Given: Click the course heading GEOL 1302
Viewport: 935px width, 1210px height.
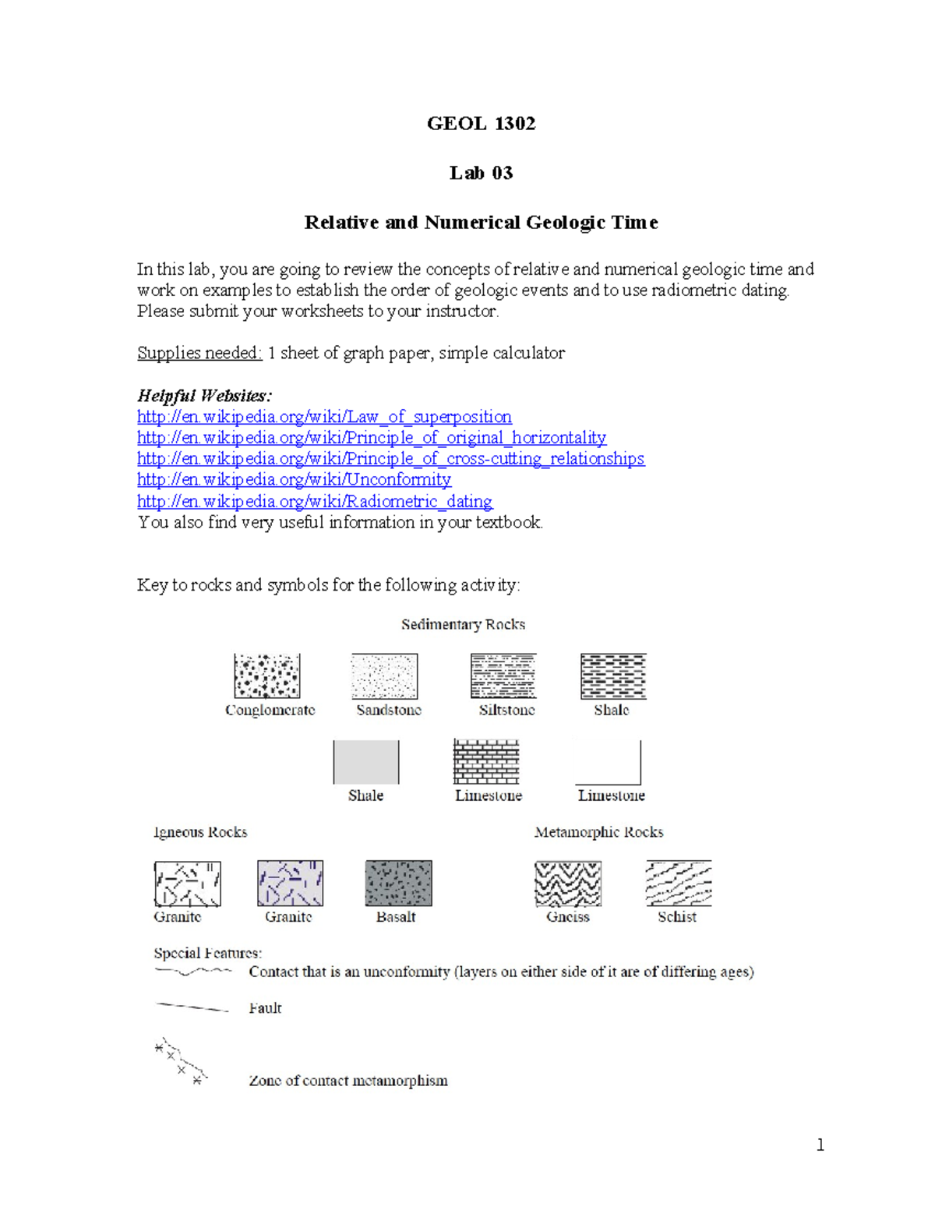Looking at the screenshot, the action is coord(482,123).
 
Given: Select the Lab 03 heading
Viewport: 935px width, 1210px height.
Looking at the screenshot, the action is coord(482,173).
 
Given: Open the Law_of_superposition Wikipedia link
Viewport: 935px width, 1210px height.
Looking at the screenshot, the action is coord(324,417).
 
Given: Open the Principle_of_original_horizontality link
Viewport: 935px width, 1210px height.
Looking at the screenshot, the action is coord(372,438).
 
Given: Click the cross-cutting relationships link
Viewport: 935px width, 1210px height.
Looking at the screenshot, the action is coord(391,458).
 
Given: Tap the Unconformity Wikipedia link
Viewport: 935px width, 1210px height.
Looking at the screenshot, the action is coord(294,479).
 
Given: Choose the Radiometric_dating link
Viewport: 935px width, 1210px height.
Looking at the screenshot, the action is coord(315,501).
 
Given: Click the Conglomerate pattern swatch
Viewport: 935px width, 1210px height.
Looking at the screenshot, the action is coord(266,676).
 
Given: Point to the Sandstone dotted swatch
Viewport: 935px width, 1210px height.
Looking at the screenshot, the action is coord(384,676).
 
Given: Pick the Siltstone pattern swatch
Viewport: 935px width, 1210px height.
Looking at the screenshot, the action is coord(503,676).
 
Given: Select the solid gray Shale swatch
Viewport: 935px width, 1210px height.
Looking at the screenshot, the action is coord(366,762).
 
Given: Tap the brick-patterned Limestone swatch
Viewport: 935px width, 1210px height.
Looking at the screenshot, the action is coord(486,761).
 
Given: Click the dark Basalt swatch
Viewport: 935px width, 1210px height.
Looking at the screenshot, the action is coord(398,883).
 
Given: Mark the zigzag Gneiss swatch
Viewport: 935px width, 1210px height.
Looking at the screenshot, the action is coord(568,884).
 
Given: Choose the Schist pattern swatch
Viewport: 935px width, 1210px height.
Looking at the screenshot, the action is coord(679,883).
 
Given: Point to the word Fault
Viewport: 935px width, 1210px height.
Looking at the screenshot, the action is coord(265,1008).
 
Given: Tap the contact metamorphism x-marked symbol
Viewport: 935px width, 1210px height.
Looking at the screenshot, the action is coord(181,1061).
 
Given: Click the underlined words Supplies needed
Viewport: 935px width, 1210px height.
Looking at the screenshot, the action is coord(199,353).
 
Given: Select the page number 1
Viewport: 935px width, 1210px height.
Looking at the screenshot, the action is coord(820,1145).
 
